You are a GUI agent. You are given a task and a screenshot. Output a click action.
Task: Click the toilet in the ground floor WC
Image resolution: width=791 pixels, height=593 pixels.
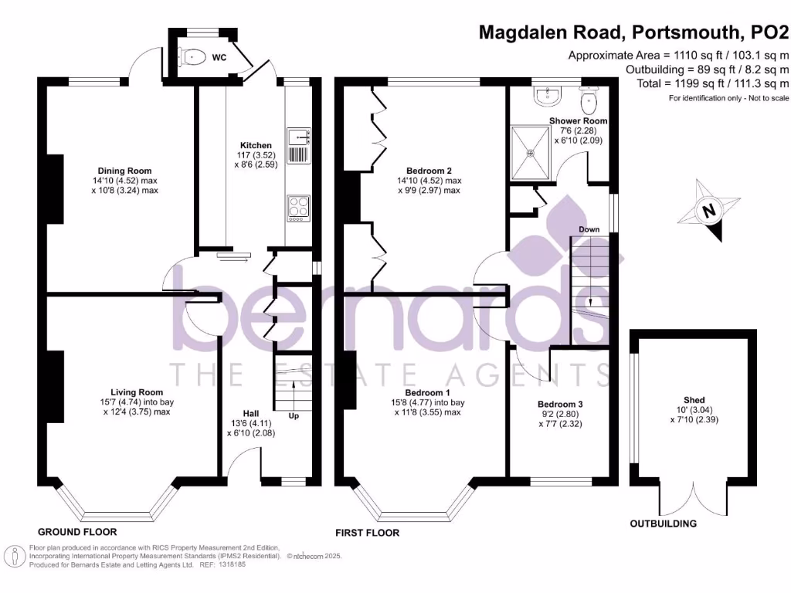coord(192,56)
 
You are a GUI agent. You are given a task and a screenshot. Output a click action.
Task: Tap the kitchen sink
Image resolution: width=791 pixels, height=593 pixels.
coord(298,137)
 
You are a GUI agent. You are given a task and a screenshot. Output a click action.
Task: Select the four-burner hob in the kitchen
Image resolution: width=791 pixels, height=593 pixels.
coord(298,207)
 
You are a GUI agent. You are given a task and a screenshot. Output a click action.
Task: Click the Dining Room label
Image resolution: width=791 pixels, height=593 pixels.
coord(124,171)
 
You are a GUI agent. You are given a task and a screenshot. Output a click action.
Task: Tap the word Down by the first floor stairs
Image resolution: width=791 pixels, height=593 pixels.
coord(590,229)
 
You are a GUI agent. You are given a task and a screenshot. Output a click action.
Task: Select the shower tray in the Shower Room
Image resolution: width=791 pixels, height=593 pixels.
coord(531,152)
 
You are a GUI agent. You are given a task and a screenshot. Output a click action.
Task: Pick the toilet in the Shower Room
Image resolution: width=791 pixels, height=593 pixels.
coord(591,100)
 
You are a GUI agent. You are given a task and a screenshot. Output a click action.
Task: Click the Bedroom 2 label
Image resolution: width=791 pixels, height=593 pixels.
coord(429,171)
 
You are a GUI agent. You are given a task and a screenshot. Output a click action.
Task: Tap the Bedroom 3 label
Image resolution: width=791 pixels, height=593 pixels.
coord(560,404)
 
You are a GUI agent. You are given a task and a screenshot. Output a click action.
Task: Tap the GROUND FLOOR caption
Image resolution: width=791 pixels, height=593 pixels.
coord(77,532)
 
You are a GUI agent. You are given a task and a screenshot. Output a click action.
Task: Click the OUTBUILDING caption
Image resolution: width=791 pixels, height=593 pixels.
coord(663,524)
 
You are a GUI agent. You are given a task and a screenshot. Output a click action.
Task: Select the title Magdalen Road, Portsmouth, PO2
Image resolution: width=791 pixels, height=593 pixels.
coord(633,32)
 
